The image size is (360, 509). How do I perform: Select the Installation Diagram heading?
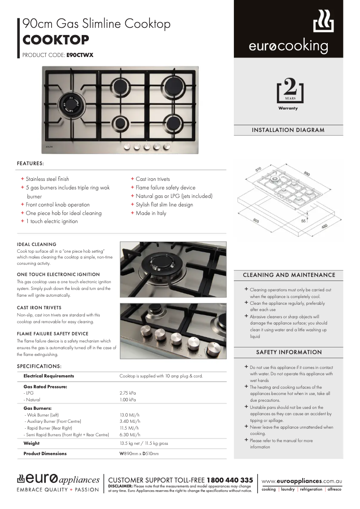[288, 130]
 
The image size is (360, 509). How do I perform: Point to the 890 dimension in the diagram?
[307, 173]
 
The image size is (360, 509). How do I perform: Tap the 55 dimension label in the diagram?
[303, 221]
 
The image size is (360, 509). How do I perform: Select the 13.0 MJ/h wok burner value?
[129, 415]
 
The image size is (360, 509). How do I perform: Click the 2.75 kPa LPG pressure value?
[127, 393]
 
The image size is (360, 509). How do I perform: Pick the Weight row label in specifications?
[31, 443]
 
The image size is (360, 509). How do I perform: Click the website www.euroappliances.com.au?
[301, 481]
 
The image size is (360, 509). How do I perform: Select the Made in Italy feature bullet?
[151, 213]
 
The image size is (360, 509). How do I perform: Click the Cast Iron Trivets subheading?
[39, 308]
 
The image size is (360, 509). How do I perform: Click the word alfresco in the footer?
[334, 490]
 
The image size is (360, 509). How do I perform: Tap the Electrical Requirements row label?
[48, 376]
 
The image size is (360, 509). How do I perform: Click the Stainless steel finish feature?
[47, 179]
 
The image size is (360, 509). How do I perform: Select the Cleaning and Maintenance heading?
[289, 275]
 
